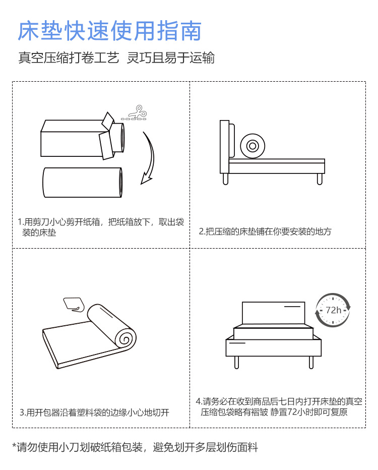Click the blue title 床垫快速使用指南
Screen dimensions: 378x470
pyautogui.click(x=109, y=31)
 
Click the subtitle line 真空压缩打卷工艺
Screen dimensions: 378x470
pyautogui.click(x=69, y=57)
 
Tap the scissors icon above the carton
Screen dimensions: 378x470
pyautogui.click(x=135, y=113)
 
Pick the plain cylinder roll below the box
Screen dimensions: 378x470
pyautogui.click(x=82, y=182)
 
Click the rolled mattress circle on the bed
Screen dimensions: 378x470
pyautogui.click(x=253, y=146)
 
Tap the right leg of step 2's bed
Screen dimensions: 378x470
pyautogui.click(x=320, y=179)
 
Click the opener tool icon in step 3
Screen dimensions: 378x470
pyautogui.click(x=74, y=305)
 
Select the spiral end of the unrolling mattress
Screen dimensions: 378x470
pyautogui.click(x=126, y=339)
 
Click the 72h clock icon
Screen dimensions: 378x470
pyautogui.click(x=333, y=310)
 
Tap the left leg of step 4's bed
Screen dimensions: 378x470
pyautogui.click(x=236, y=363)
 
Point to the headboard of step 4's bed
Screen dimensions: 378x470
pyautogui.click(x=273, y=313)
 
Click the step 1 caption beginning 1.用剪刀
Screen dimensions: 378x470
pyautogui.click(x=101, y=227)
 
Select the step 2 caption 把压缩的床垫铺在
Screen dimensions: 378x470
pyautogui.click(x=265, y=231)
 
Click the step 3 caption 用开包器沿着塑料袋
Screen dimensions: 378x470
pyautogui.click(x=94, y=413)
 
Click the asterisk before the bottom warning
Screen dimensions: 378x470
pyautogui.click(x=14, y=445)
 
